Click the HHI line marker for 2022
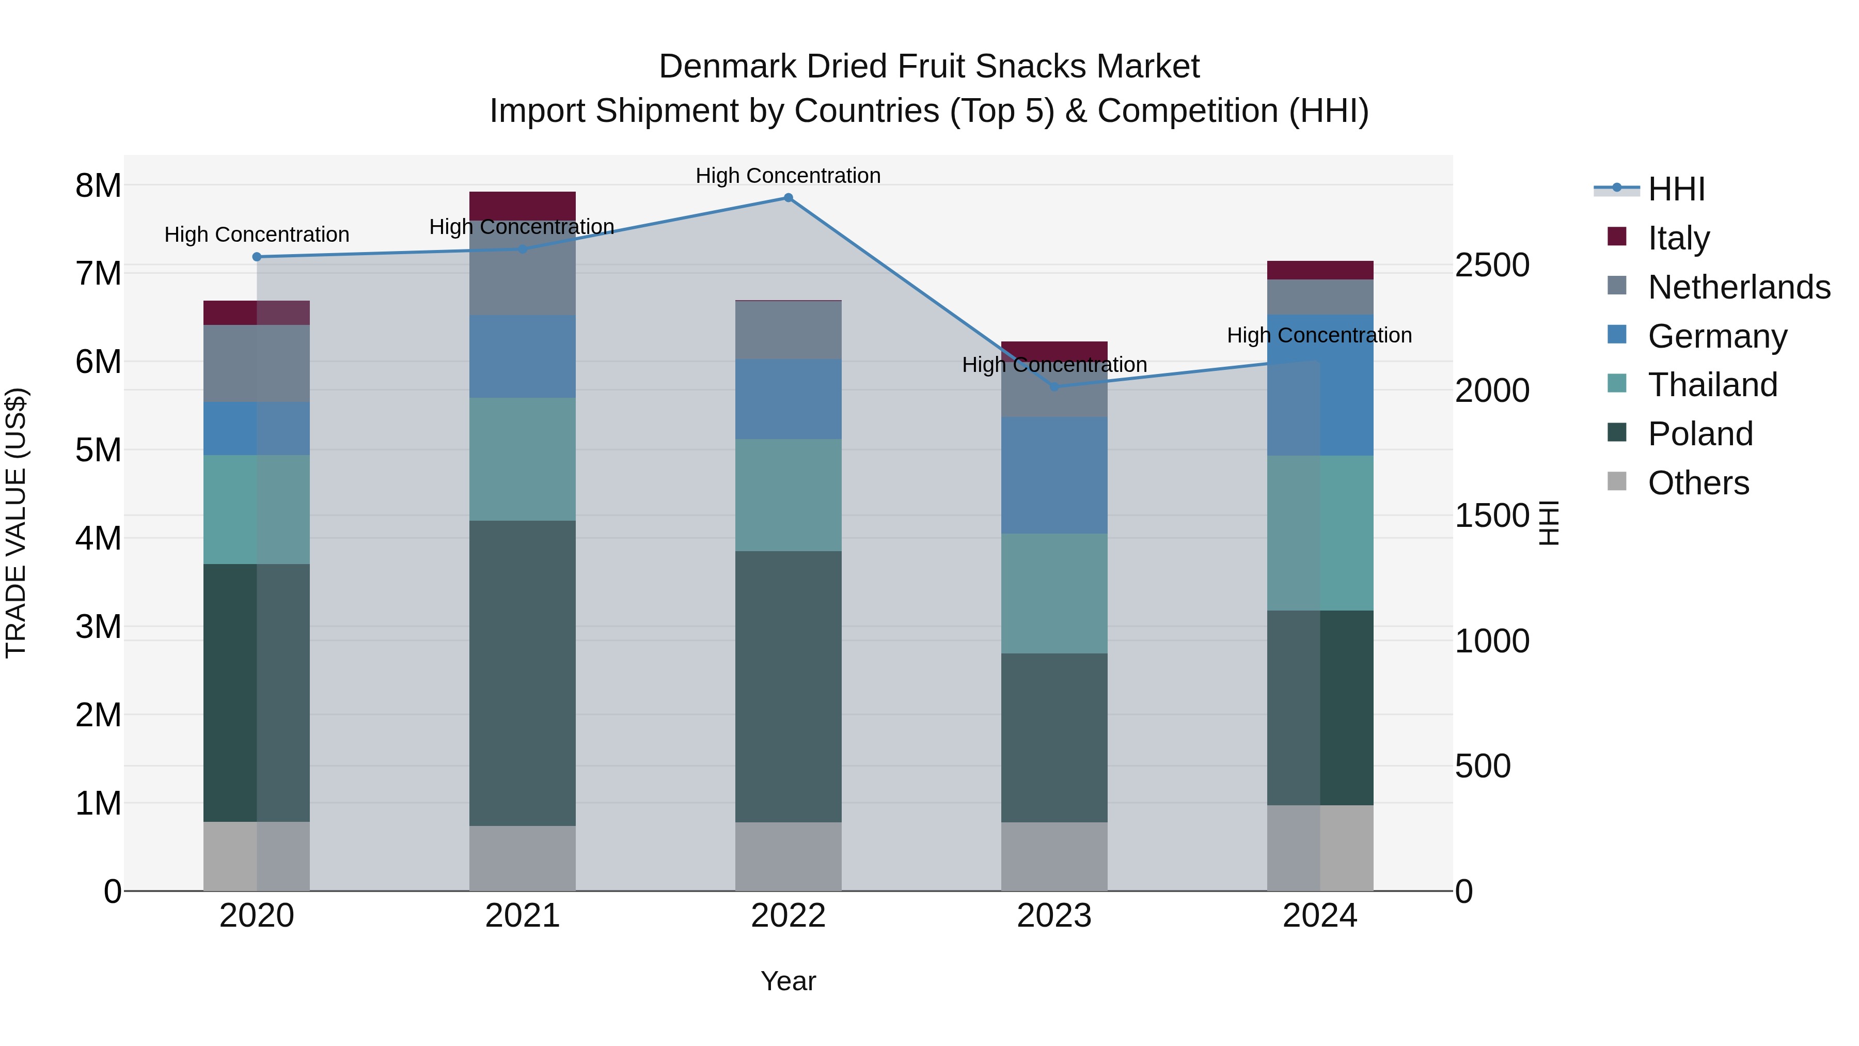pos(788,198)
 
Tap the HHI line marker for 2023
pos(1054,387)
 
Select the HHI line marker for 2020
pos(257,257)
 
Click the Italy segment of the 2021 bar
pos(523,206)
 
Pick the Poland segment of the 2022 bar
pos(788,686)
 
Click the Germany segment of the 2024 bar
pos(1320,385)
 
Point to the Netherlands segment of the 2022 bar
pos(788,330)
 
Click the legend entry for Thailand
pos(1712,385)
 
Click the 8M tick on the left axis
pos(98,185)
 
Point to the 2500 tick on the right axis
pos(1491,265)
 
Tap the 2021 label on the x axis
pos(523,916)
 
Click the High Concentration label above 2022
pos(788,176)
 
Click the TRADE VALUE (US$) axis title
pos(16,523)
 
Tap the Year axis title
pos(788,981)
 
